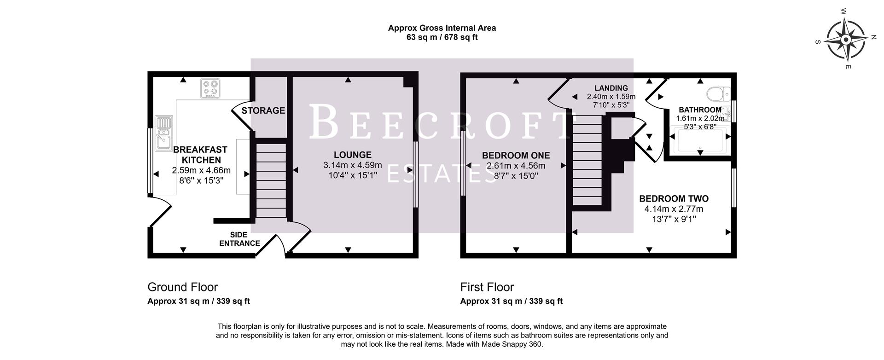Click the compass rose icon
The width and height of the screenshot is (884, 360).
click(846, 41)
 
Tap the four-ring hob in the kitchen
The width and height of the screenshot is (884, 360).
click(210, 88)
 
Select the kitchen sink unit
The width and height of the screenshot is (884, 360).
click(163, 133)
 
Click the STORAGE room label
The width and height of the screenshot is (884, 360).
click(263, 110)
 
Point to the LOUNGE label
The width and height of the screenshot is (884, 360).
click(353, 155)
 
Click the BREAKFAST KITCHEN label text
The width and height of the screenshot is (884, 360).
click(201, 155)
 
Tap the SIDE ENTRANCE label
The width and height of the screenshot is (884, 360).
click(239, 239)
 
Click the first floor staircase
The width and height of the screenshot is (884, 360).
click(587, 160)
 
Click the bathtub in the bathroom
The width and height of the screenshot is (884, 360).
click(700, 141)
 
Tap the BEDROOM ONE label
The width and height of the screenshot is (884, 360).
click(516, 156)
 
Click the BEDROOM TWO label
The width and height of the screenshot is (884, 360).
click(674, 199)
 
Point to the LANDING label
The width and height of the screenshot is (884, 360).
click(611, 88)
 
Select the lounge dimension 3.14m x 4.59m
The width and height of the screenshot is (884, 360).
click(353, 165)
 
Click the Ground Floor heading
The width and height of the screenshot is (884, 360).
click(182, 287)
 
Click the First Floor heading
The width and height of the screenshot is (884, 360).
click(487, 287)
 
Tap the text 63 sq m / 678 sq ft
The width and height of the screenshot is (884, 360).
click(442, 37)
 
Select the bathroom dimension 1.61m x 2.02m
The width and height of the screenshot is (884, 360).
click(700, 118)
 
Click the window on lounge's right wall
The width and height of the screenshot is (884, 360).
click(416, 174)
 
